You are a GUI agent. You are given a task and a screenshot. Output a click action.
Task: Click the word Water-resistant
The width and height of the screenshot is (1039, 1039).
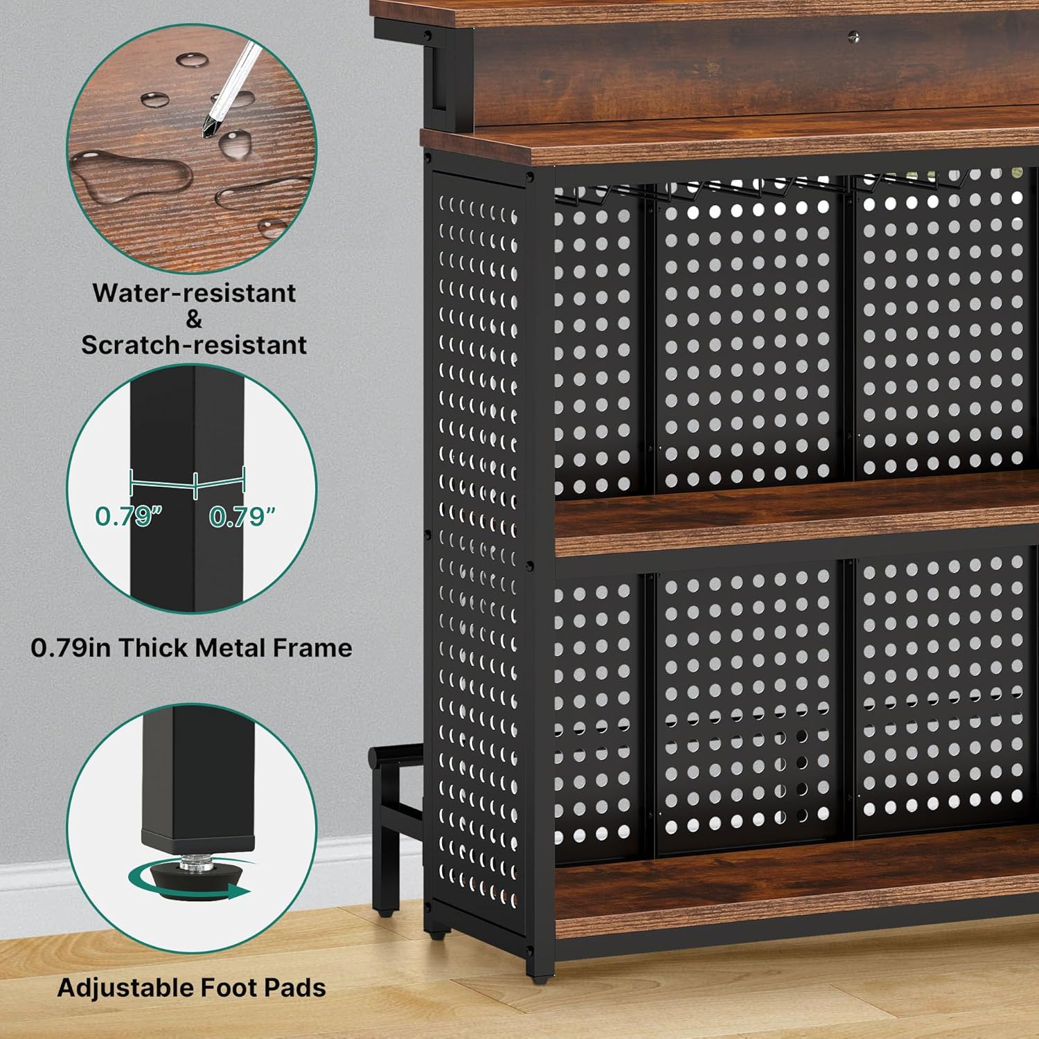pyautogui.click(x=194, y=293)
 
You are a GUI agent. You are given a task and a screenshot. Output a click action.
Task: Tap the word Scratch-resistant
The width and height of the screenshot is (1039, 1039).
pyautogui.click(x=194, y=344)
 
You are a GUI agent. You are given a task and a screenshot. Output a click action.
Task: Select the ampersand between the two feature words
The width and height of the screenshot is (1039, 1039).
pyautogui.click(x=194, y=319)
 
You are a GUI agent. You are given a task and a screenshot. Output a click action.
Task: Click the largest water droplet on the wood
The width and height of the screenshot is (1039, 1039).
pyautogui.click(x=132, y=174)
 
